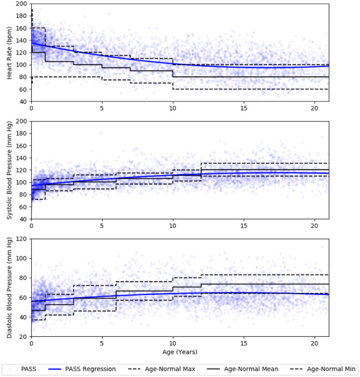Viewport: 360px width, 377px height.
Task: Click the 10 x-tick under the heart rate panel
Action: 173,108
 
